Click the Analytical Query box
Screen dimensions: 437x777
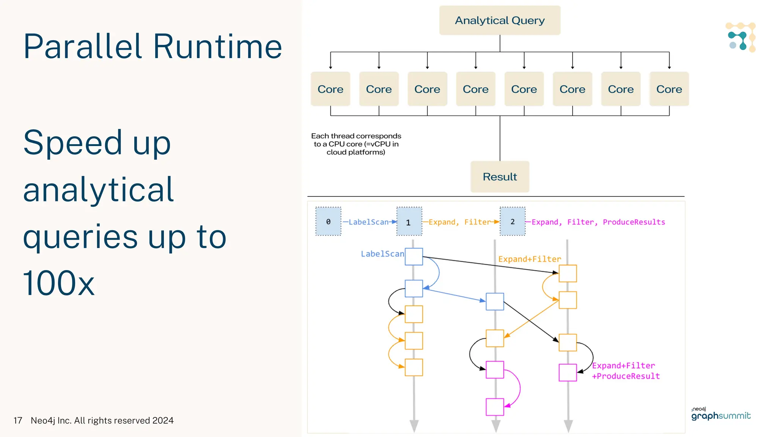[x=500, y=20]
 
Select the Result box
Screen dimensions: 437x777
[x=500, y=177]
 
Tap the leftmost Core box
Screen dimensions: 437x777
[x=330, y=89]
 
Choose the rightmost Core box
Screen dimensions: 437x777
[x=669, y=89]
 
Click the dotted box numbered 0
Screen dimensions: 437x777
[x=328, y=222]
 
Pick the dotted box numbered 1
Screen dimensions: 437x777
[x=409, y=222]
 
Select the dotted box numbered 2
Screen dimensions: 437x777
[x=512, y=222]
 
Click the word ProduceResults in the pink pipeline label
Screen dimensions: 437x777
[x=634, y=222]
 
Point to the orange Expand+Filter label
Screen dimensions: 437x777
[x=529, y=259]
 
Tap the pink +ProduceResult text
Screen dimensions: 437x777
[x=626, y=376]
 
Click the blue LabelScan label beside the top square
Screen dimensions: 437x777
[x=382, y=254]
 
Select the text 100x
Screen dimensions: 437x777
[x=58, y=283]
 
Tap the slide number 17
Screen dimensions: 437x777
[x=18, y=420]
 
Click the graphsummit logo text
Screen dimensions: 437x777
[x=721, y=416]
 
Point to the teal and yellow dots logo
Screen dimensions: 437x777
[x=740, y=37]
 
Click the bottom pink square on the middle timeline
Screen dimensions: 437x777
[x=495, y=407]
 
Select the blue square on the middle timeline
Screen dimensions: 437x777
[x=495, y=302]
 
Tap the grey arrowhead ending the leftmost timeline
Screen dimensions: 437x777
[x=414, y=426]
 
